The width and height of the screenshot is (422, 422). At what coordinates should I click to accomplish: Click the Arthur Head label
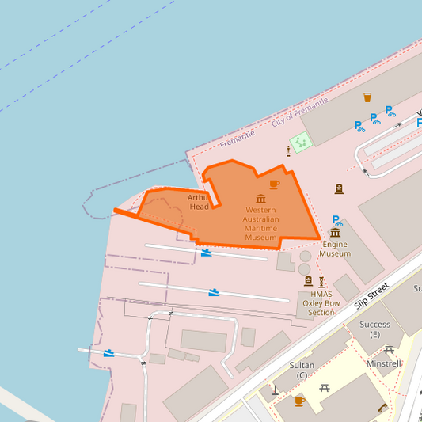[200, 202]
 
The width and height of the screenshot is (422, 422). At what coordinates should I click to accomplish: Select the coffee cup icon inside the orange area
[274, 184]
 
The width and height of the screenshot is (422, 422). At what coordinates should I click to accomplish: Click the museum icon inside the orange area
[260, 199]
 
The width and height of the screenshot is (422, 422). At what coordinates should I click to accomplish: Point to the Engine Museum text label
[335, 249]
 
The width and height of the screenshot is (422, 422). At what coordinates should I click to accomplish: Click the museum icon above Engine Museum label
[335, 233]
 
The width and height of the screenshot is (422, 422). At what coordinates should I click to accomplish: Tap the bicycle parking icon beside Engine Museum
[337, 220]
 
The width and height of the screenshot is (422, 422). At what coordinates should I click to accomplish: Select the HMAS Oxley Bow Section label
[322, 303]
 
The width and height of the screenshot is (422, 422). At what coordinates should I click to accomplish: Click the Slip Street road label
[372, 295]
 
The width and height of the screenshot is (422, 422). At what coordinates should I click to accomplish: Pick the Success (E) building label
[374, 329]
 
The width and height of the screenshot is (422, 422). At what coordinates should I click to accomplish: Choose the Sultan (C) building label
[301, 370]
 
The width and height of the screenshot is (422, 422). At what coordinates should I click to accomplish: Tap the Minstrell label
[383, 363]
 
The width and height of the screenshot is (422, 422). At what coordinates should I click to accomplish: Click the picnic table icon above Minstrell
[389, 349]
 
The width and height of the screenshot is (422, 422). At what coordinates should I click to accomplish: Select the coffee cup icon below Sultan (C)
[299, 401]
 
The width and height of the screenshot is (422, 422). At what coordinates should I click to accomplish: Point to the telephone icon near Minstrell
[383, 408]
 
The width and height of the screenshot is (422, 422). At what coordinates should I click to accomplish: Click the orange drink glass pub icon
[367, 97]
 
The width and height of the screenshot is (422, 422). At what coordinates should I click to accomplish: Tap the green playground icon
[300, 143]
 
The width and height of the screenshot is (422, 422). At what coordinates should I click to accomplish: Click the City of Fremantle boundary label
[299, 113]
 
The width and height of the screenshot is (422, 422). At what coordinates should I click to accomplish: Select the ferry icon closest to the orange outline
[207, 253]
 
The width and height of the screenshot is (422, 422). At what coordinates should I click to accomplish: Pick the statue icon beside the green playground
[287, 150]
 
